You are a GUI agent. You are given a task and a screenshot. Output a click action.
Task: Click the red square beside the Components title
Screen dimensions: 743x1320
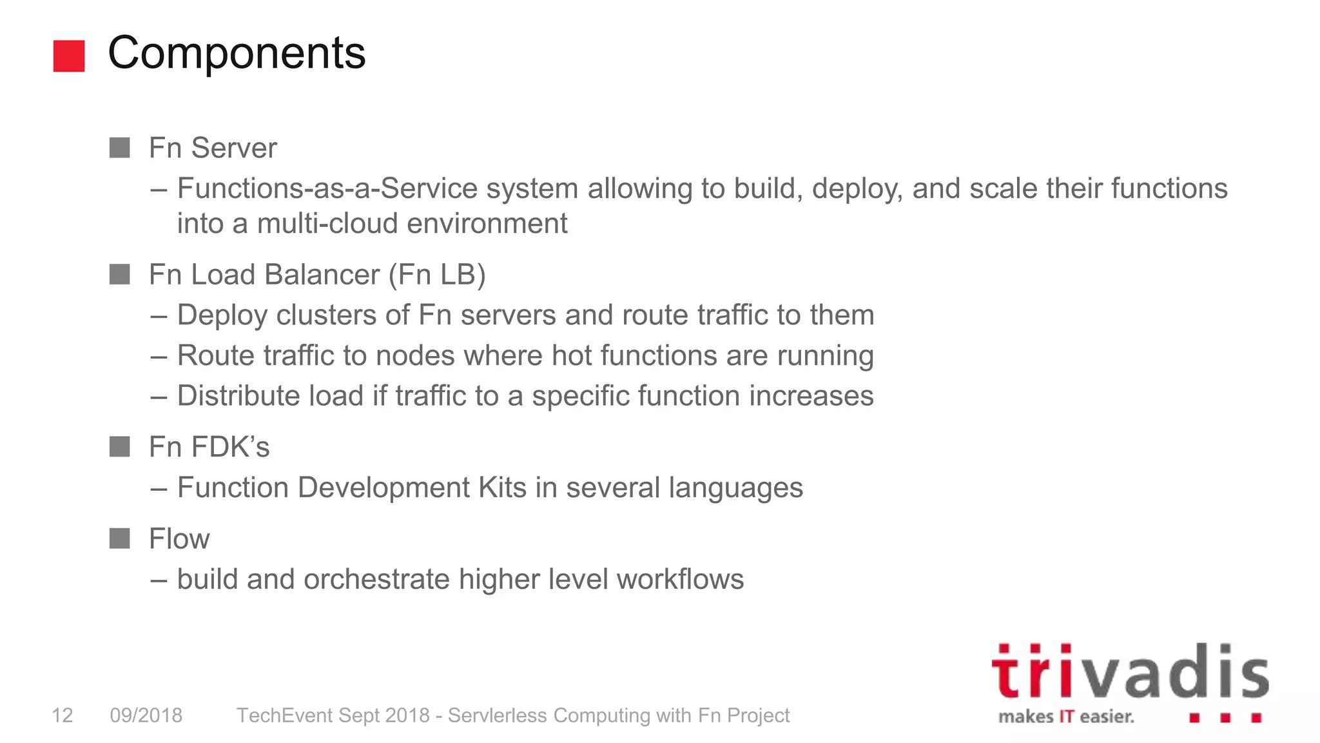tap(69, 56)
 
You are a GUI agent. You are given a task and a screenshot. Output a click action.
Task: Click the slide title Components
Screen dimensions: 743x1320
tap(237, 53)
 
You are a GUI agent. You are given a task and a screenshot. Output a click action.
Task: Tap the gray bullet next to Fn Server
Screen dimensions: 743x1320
tap(120, 148)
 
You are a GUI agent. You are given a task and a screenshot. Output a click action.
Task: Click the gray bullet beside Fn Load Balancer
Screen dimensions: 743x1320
tap(120, 274)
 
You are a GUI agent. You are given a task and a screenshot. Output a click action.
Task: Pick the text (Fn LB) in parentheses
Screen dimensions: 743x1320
tap(436, 275)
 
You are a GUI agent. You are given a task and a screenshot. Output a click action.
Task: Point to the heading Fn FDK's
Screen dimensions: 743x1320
tap(209, 447)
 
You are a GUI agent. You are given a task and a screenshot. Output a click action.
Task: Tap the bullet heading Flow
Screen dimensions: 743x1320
tap(179, 539)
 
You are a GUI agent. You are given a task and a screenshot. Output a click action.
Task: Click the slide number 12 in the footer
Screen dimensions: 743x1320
tap(63, 715)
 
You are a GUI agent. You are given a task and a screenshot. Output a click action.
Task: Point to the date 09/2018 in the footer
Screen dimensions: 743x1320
tap(146, 715)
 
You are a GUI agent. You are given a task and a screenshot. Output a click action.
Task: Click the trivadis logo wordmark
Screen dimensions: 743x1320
tap(1129, 672)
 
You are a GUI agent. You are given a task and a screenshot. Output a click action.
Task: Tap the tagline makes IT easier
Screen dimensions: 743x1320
tap(1066, 717)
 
